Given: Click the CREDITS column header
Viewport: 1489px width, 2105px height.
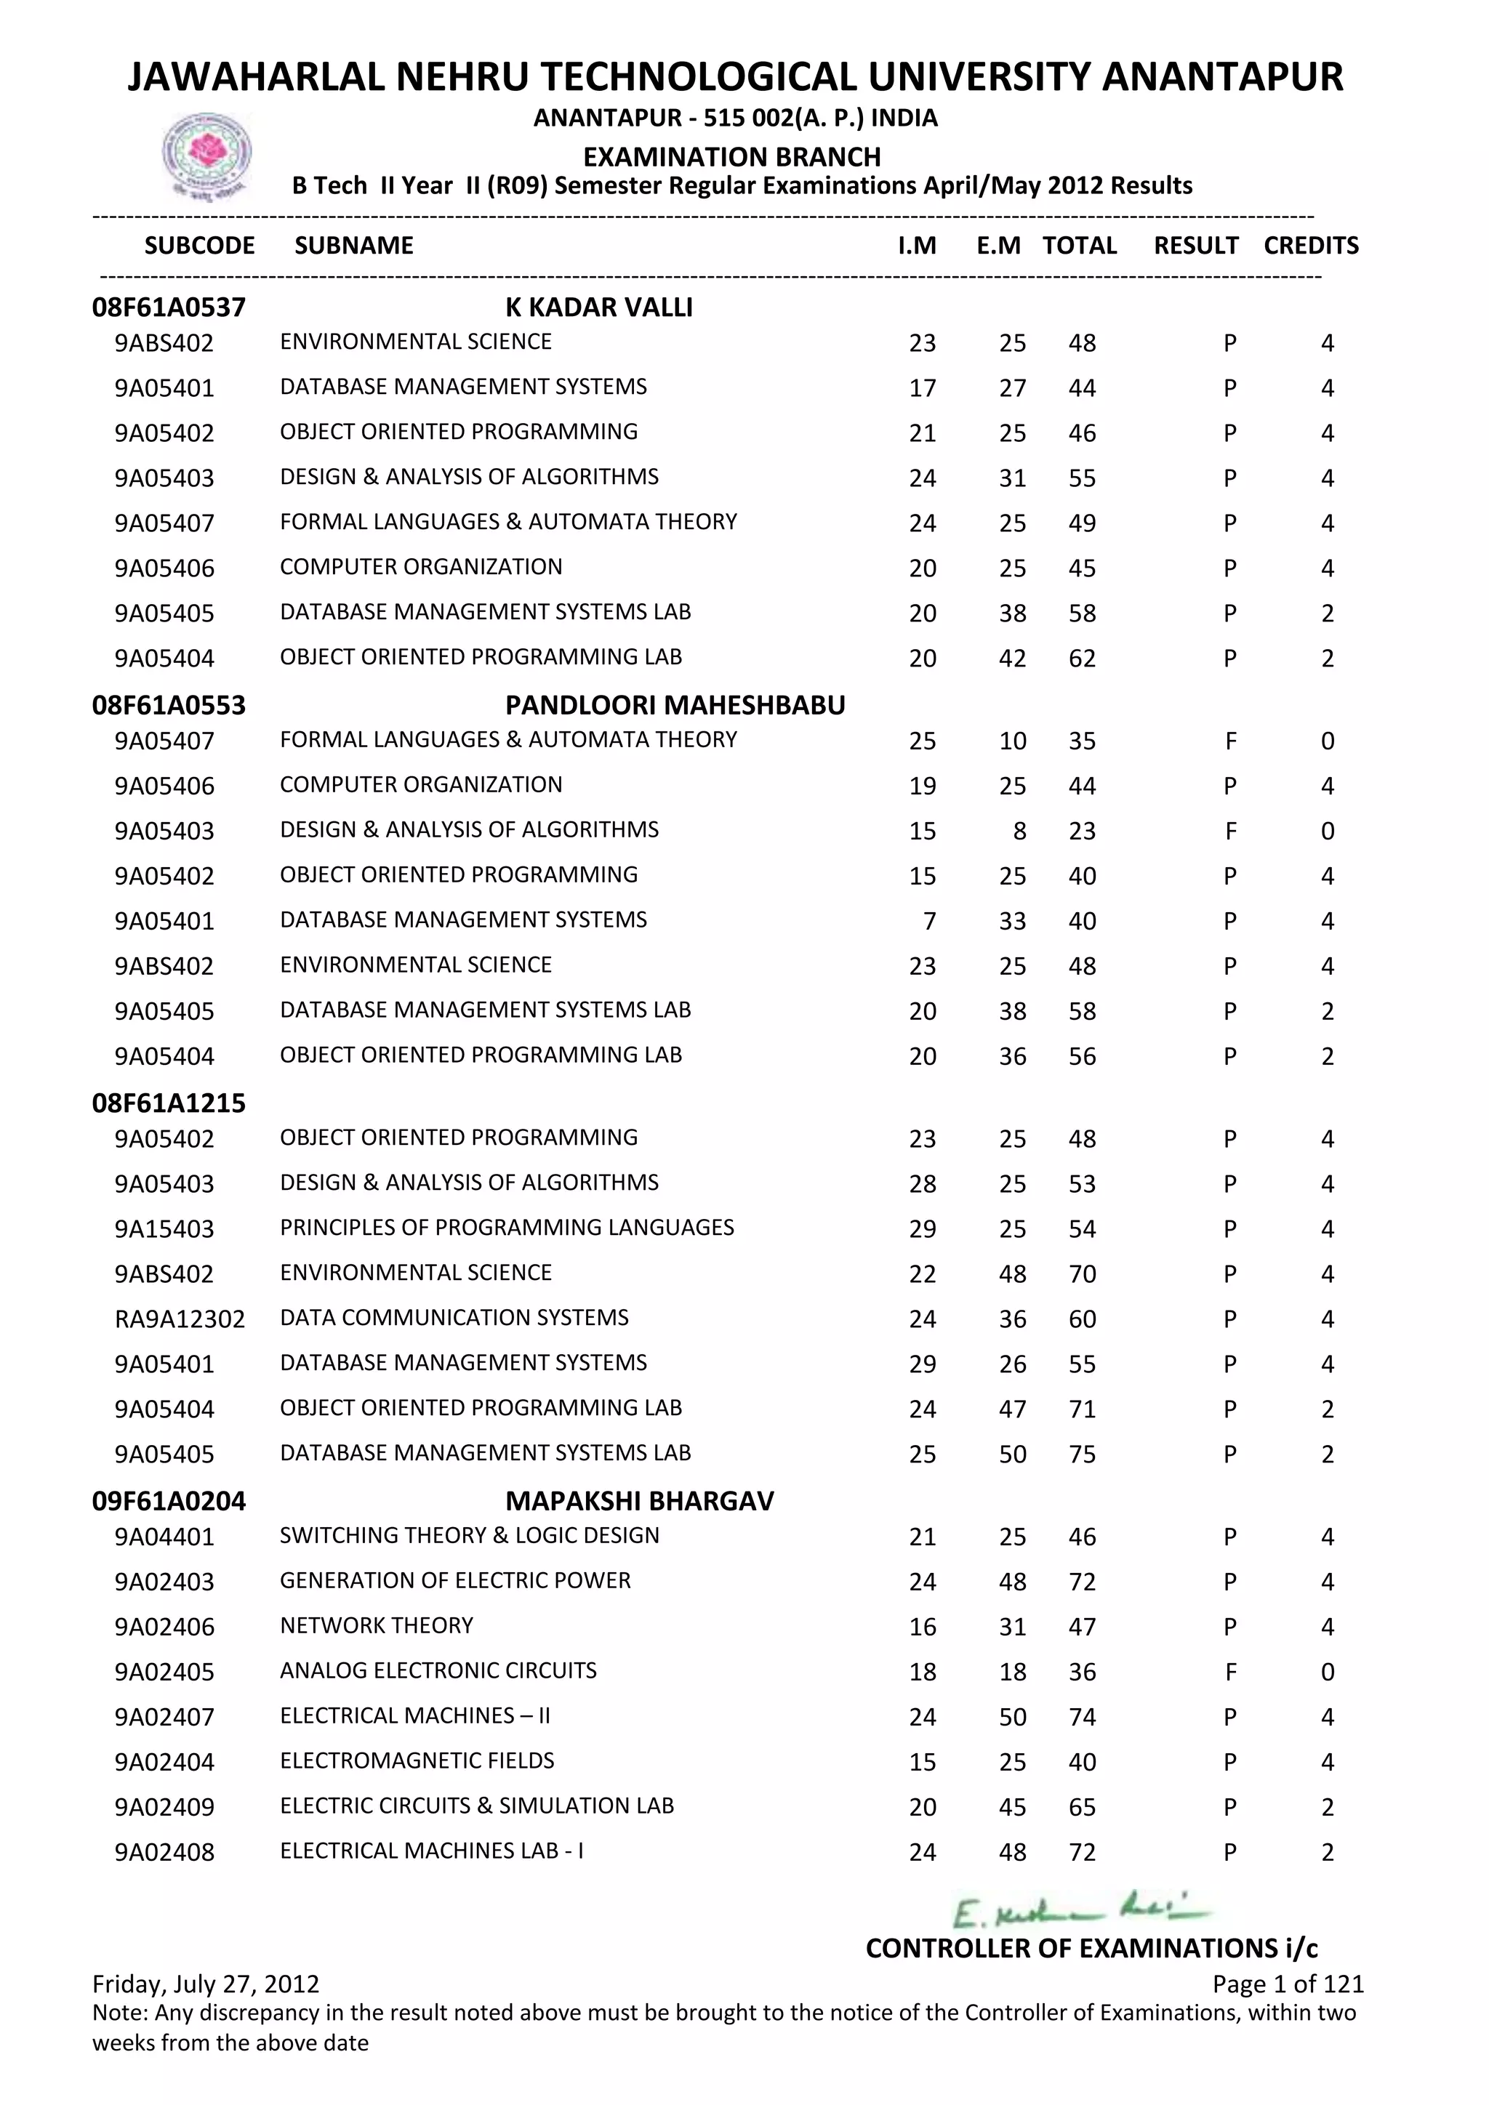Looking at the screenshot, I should click(x=1310, y=246).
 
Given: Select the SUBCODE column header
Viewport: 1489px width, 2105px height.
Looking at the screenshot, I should click(x=200, y=246).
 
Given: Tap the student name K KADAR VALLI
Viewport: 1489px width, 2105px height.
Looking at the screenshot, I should click(x=598, y=307).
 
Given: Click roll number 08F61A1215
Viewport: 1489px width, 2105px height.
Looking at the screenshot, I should click(x=169, y=1103).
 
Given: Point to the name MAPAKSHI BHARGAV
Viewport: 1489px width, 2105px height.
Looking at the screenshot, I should click(x=639, y=1501).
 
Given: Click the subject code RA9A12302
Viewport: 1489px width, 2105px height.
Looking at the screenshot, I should click(x=180, y=1319).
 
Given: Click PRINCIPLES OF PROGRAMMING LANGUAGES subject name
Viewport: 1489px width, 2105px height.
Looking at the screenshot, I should click(x=507, y=1228).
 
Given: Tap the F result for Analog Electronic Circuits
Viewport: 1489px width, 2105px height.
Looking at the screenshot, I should click(x=1230, y=1673).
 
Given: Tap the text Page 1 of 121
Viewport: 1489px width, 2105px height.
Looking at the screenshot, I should click(x=1288, y=1984).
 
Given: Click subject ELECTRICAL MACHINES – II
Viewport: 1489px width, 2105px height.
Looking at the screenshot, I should click(x=414, y=1715).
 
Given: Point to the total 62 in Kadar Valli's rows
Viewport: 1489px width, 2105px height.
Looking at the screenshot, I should click(x=1082, y=659).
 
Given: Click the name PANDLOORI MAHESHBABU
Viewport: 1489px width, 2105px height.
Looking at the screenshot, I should click(x=675, y=705).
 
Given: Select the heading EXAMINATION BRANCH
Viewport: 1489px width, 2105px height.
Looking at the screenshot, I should click(x=731, y=157).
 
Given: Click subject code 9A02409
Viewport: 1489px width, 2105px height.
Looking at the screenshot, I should click(x=164, y=1807).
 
